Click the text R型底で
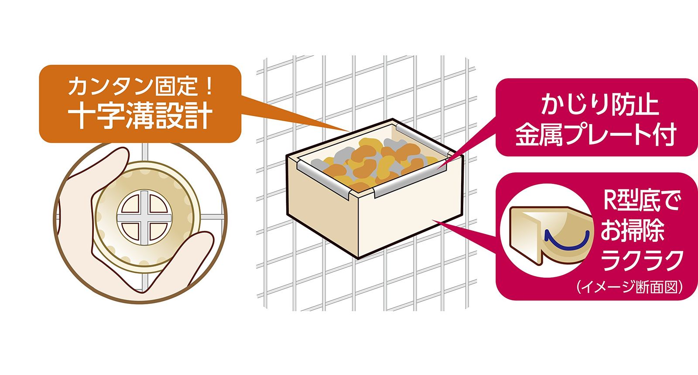[641, 201]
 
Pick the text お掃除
[633, 230]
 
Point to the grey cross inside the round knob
[144, 217]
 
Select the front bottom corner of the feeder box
[359, 258]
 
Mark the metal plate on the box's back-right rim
[423, 138]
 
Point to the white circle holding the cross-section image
[548, 231]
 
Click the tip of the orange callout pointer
[350, 131]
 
